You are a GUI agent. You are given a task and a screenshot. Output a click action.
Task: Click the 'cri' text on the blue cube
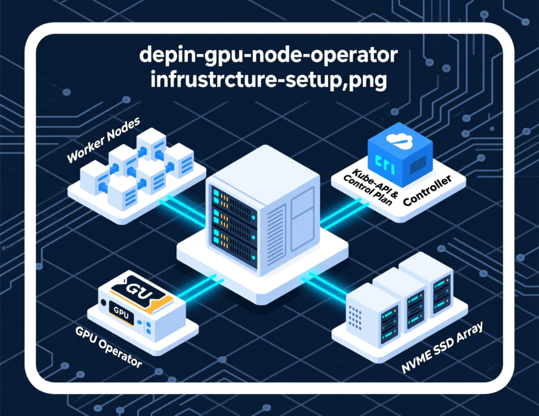pyautogui.click(x=388, y=160)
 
